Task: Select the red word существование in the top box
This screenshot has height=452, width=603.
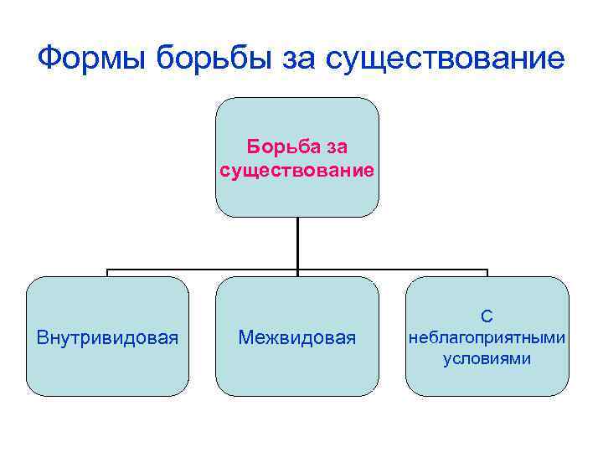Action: (x=297, y=171)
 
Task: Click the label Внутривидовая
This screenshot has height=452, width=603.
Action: (x=107, y=337)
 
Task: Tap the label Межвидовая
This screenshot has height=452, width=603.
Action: (x=297, y=337)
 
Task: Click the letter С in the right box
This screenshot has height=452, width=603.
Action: (x=487, y=316)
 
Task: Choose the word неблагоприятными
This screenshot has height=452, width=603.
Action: (x=487, y=337)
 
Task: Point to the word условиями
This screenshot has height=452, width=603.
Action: (x=487, y=358)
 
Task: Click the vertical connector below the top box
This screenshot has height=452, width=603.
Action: (x=297, y=243)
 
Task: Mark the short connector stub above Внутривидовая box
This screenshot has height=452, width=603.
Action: (x=107, y=274)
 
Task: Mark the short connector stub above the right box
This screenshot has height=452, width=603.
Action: (x=487, y=274)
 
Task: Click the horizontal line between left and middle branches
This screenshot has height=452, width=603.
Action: (x=201, y=270)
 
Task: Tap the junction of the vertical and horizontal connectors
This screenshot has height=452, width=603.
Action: (x=297, y=270)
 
